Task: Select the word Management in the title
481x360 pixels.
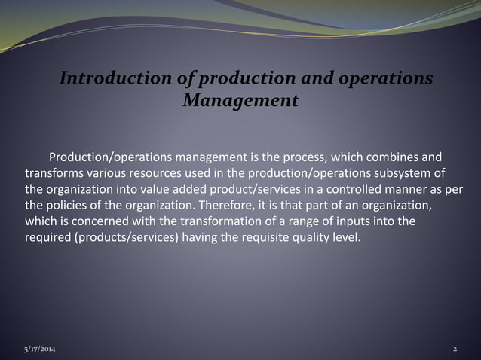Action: [240, 100]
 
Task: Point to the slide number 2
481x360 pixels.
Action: [455, 350]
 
